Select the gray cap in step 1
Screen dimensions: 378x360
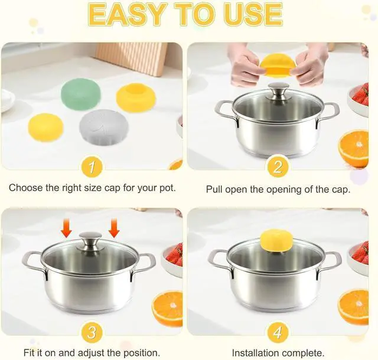[104, 127]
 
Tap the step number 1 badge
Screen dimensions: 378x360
[92, 167]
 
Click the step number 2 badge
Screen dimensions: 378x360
[278, 167]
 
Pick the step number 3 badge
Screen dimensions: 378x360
[92, 333]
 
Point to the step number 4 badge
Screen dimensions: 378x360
[278, 333]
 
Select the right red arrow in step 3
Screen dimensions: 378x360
[114, 228]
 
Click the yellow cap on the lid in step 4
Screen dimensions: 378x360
[276, 240]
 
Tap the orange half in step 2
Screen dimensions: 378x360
[353, 148]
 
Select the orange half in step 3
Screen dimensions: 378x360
[167, 309]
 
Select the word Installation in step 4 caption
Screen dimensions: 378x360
[256, 354]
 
